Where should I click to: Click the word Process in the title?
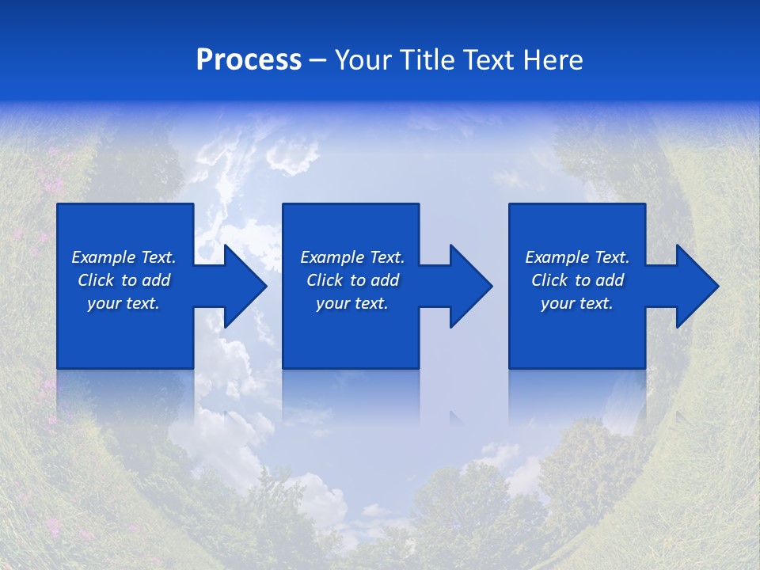(249, 60)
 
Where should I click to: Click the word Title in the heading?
(426, 60)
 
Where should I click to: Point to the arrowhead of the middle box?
(484, 286)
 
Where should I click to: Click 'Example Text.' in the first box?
(123, 257)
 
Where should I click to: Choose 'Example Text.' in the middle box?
(352, 257)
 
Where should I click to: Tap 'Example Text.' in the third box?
(577, 257)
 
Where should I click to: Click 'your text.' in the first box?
(123, 304)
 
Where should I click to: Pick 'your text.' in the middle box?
(352, 304)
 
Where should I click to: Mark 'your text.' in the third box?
(577, 304)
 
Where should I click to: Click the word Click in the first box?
(96, 280)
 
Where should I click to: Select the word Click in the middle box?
(325, 280)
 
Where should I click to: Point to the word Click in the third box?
(549, 280)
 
